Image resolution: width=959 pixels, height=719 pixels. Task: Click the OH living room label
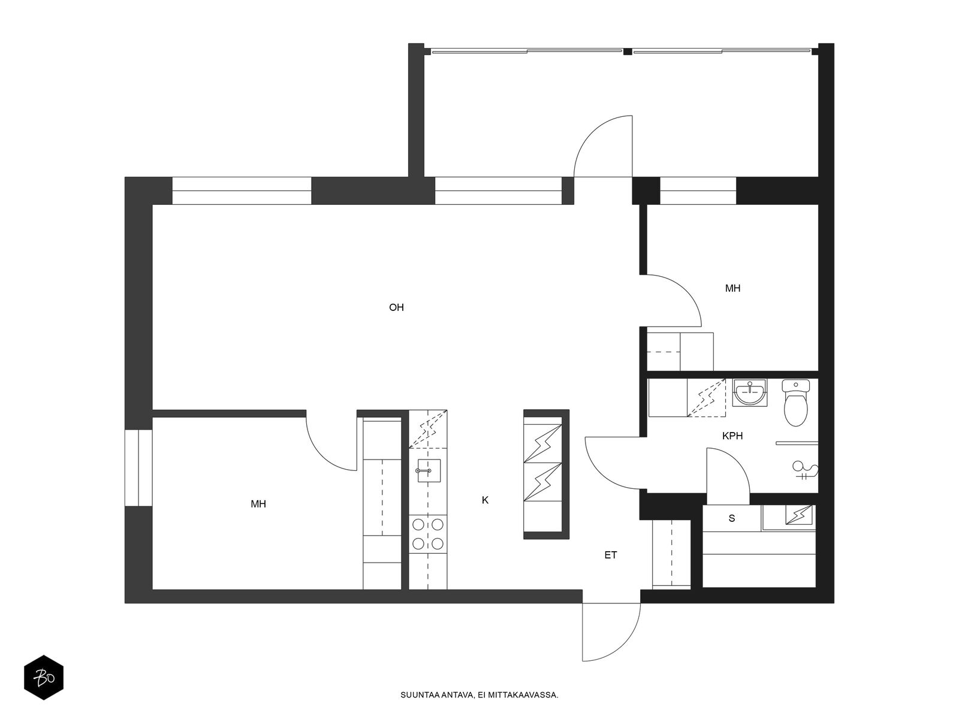click(x=396, y=307)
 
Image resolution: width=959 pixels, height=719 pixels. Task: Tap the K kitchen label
click(x=484, y=500)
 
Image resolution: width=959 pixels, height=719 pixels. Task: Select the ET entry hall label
click(x=610, y=555)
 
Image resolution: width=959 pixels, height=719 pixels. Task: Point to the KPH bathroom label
click(x=732, y=436)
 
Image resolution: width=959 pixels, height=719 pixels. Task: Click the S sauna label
click(x=731, y=518)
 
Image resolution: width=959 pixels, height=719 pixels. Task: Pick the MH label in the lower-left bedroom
click(x=258, y=504)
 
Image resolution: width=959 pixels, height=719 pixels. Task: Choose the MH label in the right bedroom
click(x=732, y=288)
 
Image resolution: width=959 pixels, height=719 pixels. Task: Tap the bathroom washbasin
click(x=749, y=392)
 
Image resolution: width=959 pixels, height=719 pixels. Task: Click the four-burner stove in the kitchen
click(x=428, y=534)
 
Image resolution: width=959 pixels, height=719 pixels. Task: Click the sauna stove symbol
click(x=799, y=515)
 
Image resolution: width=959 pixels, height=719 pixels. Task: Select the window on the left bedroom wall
click(x=138, y=468)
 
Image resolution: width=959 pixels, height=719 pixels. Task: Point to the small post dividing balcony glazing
click(x=628, y=52)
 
